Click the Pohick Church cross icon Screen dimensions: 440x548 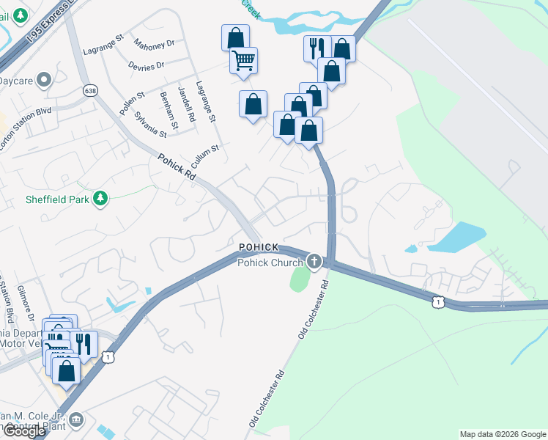314,262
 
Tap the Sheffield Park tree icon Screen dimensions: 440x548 101,197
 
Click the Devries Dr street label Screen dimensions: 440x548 147,66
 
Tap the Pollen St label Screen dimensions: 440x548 130,103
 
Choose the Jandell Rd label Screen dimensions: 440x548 186,105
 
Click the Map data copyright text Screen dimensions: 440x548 501,434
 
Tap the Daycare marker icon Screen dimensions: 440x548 43,79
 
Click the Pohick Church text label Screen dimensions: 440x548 270,263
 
